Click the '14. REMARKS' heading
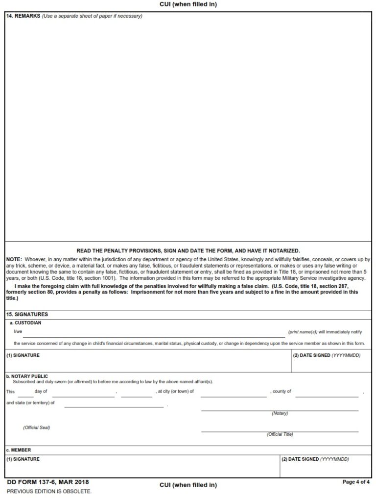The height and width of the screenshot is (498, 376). pyautogui.click(x=23, y=16)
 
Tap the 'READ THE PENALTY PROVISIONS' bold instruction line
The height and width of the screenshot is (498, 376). pyautogui.click(x=188, y=250)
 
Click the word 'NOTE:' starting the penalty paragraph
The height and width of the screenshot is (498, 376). pyautogui.click(x=14, y=259)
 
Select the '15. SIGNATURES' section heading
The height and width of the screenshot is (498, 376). pyautogui.click(x=27, y=314)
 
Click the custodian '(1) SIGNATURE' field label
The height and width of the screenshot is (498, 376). pyautogui.click(x=23, y=355)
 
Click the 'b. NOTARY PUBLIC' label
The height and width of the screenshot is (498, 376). pyautogui.click(x=27, y=376)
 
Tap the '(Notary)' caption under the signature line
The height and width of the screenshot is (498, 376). pyautogui.click(x=280, y=414)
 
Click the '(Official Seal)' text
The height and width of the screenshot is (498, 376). pyautogui.click(x=36, y=427)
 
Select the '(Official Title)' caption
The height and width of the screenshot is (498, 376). pyautogui.click(x=280, y=435)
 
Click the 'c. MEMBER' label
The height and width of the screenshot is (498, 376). pyautogui.click(x=19, y=450)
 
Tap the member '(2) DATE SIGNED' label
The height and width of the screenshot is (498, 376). pyautogui.click(x=315, y=459)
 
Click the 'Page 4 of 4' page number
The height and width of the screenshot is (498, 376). pyautogui.click(x=356, y=482)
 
